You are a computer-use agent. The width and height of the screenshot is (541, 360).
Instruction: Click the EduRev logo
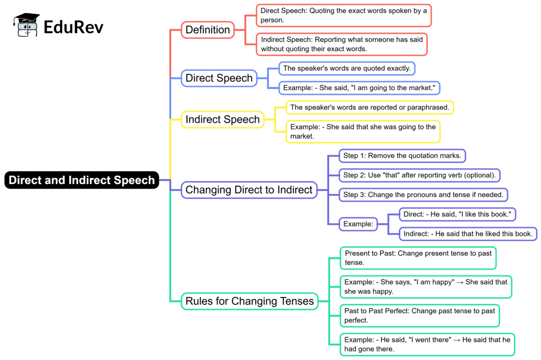point(59,25)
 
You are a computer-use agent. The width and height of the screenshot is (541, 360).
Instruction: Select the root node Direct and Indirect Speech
point(82,180)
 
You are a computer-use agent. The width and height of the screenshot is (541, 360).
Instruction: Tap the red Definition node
point(208,30)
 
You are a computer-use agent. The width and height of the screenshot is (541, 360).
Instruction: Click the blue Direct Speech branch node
point(219,78)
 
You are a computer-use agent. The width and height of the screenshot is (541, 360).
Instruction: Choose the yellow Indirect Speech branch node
point(222,119)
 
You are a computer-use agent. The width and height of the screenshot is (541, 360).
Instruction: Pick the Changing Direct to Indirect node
point(249,189)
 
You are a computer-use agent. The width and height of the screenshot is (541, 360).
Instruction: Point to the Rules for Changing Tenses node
point(249,301)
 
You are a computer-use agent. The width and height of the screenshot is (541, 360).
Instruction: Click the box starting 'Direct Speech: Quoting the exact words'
point(344,15)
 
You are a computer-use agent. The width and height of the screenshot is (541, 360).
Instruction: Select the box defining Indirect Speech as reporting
point(342,44)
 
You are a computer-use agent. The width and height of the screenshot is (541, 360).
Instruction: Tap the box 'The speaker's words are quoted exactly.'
point(347,68)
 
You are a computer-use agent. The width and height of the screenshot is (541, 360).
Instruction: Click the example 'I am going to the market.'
point(359,88)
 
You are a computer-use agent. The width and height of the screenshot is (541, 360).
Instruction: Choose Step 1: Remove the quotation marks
point(403,155)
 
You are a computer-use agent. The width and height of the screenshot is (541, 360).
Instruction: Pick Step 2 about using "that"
point(419,175)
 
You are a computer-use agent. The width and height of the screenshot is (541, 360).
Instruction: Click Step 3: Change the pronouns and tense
point(423,195)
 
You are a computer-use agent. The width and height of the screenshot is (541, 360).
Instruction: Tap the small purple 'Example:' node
point(358,224)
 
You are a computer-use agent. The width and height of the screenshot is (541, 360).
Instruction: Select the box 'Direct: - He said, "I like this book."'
point(458,214)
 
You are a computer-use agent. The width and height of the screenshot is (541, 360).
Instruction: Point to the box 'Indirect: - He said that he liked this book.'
point(468,233)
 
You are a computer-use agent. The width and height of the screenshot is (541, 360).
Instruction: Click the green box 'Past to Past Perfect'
point(419,316)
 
